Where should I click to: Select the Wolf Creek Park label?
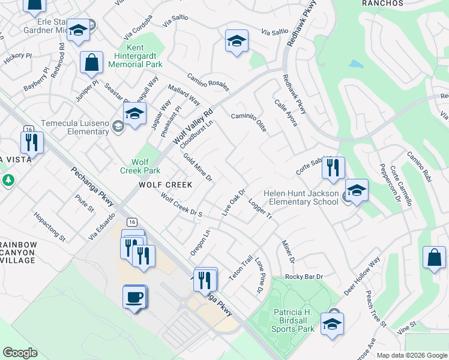point(140,166)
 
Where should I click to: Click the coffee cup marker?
point(135,296)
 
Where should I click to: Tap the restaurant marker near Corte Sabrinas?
point(333,167)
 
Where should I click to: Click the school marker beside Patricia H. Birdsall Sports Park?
point(332,324)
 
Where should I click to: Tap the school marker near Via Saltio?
point(237,41)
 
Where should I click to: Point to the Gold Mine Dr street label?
point(198,167)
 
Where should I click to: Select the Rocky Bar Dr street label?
point(304,277)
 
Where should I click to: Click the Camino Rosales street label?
point(208,82)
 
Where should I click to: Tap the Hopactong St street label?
point(50,226)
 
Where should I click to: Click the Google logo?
point(20,353)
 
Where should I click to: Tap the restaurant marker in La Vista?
point(31,142)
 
